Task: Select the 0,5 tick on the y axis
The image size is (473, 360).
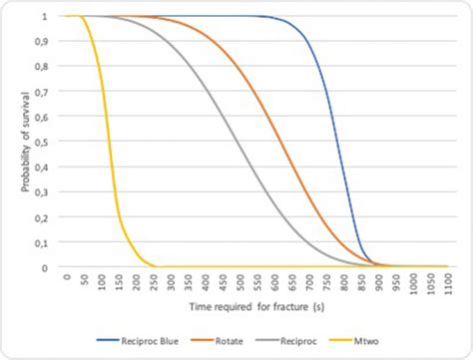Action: pyautogui.click(x=41, y=143)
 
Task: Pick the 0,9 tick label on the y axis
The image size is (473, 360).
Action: pyautogui.click(x=41, y=42)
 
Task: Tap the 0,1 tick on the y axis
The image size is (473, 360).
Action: pyautogui.click(x=41, y=243)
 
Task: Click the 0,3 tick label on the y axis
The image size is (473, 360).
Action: pyautogui.click(x=41, y=192)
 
